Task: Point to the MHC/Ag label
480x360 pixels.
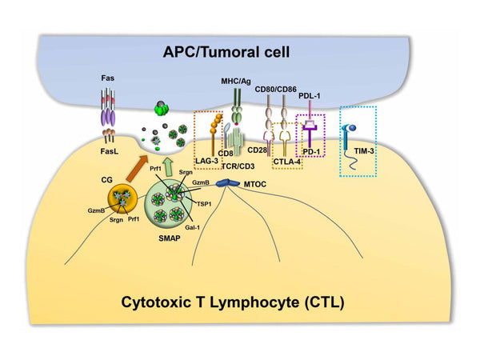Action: [x=236, y=82]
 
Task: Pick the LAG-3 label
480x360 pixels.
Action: [x=209, y=162]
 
